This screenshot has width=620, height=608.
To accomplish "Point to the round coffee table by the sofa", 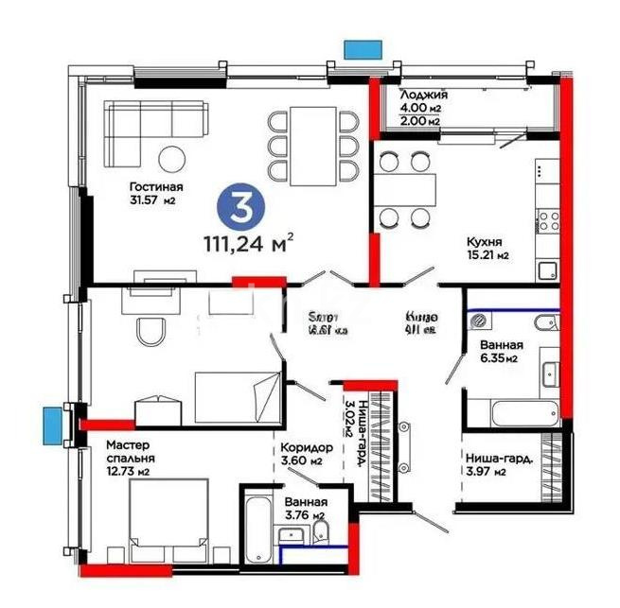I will (171, 157).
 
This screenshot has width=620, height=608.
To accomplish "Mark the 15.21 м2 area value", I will (487, 255).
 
